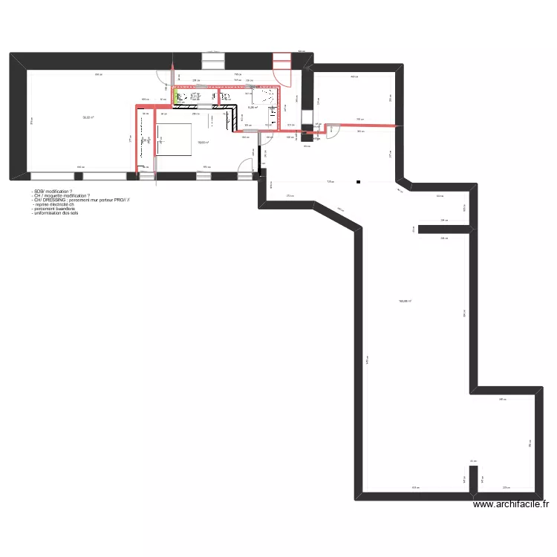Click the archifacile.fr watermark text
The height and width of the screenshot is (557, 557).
coord(510,504)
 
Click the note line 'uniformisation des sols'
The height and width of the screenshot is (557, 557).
coord(55,214)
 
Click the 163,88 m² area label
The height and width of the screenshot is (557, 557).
coord(405,301)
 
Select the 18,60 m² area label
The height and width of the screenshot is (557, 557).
coord(202,143)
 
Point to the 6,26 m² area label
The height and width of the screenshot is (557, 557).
coord(253,108)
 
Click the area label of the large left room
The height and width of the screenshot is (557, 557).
coord(88,117)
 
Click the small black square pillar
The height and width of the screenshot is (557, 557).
coord(358,182)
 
